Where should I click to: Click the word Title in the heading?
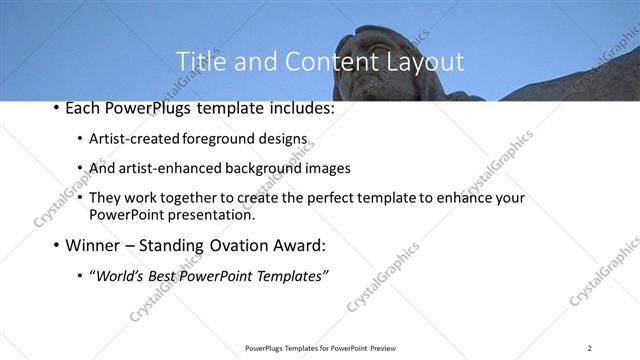pos(199,62)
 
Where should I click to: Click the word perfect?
pos(332,198)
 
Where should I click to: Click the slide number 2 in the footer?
pos(590,348)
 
